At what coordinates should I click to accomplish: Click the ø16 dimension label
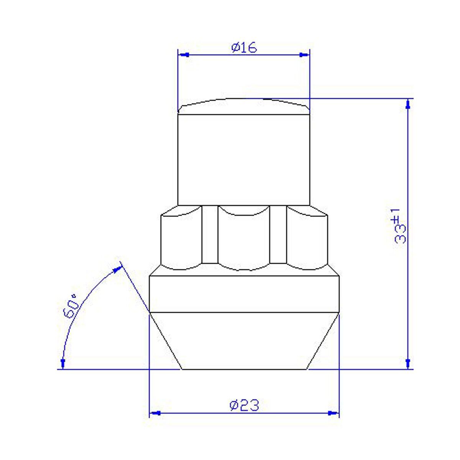coord(244,48)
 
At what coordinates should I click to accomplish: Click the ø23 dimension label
coord(244,405)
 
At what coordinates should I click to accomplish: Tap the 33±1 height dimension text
coord(400,226)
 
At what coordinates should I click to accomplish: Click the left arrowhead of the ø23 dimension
coord(154,413)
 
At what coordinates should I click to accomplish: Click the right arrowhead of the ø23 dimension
coord(334,413)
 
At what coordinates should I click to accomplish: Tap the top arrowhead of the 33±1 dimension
coord(409,104)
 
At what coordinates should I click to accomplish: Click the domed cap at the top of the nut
coord(244,106)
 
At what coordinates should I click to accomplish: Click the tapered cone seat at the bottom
coord(244,341)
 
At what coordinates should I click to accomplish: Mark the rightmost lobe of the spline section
coord(307,238)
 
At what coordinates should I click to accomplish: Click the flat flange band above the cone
coord(244,293)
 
